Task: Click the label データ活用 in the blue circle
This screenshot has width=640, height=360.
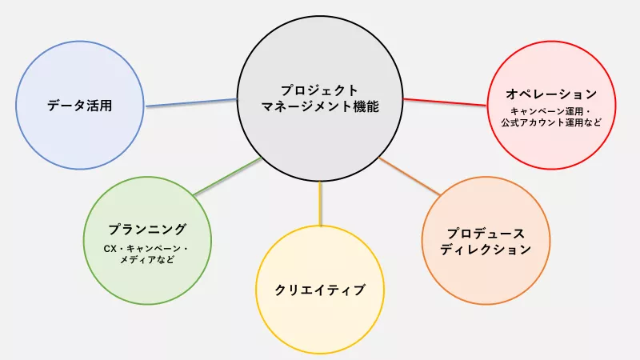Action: pos(79,106)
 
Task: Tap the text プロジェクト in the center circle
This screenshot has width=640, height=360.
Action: pos(319,90)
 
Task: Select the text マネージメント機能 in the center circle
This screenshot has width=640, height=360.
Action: pos(320,106)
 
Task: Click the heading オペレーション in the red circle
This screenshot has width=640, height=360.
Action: pos(551,94)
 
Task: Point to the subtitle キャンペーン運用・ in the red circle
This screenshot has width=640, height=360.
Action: pos(551,111)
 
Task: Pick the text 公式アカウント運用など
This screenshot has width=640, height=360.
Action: pos(551,122)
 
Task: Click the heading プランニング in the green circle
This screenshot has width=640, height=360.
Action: pos(147,230)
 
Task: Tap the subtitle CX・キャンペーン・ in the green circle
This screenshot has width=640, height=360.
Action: pos(146,248)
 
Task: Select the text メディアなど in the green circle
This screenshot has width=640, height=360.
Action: pos(147,259)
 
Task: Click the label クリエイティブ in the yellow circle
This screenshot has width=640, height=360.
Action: pos(320,290)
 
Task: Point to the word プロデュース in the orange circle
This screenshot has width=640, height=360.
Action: pos(486,234)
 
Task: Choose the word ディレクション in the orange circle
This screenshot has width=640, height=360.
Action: pos(486,250)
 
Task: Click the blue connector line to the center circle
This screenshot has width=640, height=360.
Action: pos(191,102)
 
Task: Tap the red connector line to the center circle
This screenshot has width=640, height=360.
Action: pos(445,102)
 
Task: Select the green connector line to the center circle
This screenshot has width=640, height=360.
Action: pos(227,176)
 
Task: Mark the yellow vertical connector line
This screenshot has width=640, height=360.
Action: pos(321,203)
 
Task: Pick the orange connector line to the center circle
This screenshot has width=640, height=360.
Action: pos(410,176)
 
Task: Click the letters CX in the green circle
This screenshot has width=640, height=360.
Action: pos(110,249)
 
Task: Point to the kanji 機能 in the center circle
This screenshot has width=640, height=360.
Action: pos(366,106)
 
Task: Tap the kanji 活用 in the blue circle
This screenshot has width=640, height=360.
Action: pos(99,106)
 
